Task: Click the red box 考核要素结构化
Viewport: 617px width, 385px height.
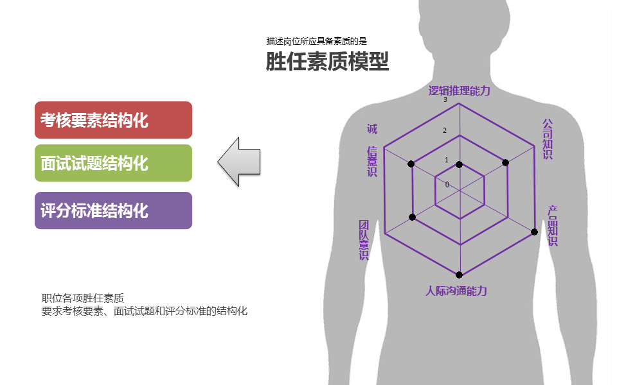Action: pos(113,120)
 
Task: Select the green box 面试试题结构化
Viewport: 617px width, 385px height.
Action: pos(113,163)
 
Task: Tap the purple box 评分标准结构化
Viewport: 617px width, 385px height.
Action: pos(113,210)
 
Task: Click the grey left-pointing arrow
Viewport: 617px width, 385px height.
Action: pos(239,162)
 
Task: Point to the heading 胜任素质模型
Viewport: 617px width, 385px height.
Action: pos(327,62)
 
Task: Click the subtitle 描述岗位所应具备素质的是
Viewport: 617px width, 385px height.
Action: pos(316,41)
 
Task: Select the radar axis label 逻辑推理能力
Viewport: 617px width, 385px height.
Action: pos(459,90)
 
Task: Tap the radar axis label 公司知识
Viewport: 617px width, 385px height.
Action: pos(548,139)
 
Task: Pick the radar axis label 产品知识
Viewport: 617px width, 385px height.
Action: pos(553,226)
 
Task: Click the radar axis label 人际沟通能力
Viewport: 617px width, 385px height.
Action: pos(456,291)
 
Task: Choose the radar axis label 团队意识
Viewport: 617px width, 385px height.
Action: pos(364,239)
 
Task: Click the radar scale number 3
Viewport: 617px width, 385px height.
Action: pos(445,100)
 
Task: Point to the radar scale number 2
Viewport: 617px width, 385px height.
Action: pos(445,130)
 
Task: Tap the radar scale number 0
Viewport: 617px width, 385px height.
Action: pos(447,185)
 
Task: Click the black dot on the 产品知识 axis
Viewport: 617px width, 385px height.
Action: pos(534,232)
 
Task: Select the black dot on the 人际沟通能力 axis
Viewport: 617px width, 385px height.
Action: pos(459,275)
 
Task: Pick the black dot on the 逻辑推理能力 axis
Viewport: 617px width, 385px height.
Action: pos(459,165)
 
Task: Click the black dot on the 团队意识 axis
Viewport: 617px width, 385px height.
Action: pos(412,218)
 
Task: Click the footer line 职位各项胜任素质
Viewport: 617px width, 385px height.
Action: pos(83,298)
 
